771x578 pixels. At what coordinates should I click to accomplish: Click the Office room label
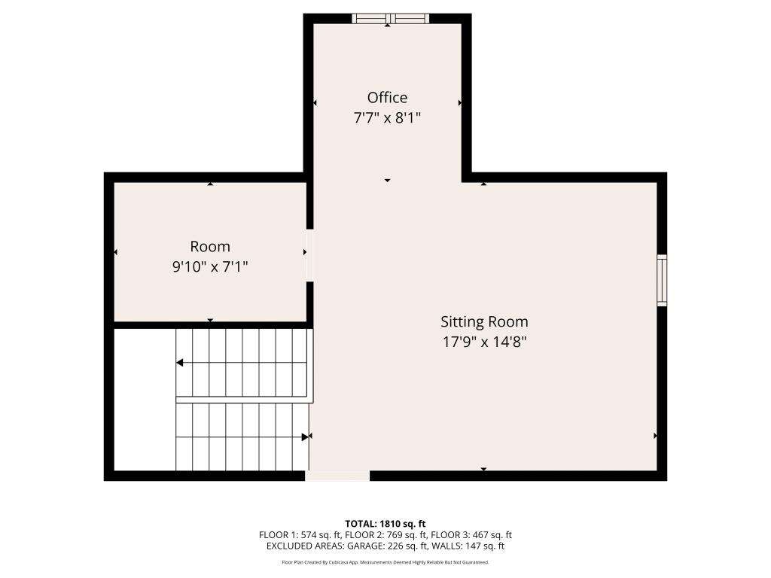click(387, 98)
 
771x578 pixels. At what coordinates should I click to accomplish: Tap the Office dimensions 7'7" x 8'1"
click(387, 118)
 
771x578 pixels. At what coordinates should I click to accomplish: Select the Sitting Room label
click(484, 322)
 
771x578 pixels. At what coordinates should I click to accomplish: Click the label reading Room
click(210, 247)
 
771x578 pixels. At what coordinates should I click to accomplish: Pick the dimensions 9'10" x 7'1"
click(210, 266)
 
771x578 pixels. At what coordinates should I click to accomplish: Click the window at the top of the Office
click(390, 18)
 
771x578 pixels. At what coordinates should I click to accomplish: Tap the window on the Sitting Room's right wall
click(662, 280)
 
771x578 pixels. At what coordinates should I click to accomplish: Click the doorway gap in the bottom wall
click(337, 476)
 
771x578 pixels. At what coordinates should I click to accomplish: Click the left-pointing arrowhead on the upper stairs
click(180, 363)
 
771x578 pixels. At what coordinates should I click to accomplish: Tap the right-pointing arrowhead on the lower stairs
click(305, 437)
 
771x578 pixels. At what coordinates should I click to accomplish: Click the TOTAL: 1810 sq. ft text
click(385, 524)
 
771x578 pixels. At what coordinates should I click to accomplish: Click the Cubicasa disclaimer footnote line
click(385, 562)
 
